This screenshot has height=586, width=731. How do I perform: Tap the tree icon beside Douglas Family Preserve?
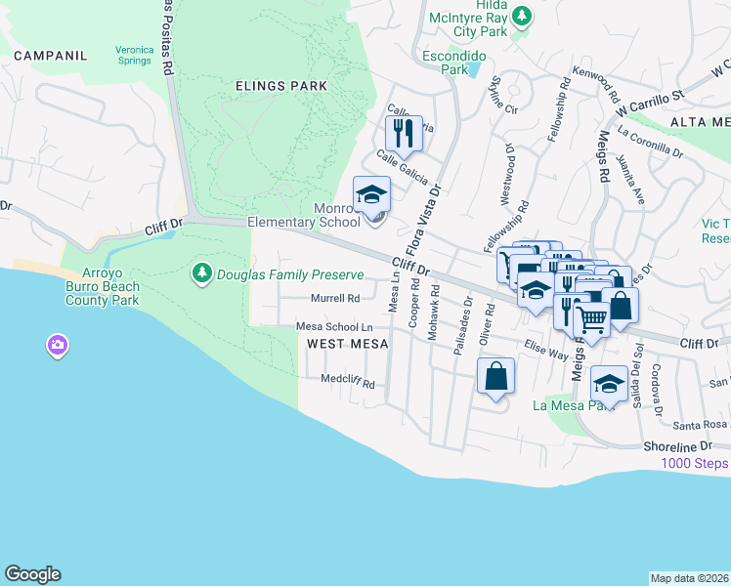tap(202, 273)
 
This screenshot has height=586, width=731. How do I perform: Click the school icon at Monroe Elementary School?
tap(371, 194)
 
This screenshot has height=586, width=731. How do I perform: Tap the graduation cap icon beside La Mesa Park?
tap(608, 384)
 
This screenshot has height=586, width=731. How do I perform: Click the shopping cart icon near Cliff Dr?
tap(590, 316)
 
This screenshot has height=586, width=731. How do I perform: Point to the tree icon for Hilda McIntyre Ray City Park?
tap(522, 16)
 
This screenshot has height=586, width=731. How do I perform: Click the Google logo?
tap(32, 574)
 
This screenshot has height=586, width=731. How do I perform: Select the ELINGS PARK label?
tap(281, 86)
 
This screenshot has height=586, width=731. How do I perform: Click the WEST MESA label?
tap(348, 344)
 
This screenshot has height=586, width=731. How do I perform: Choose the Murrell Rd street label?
tap(335, 298)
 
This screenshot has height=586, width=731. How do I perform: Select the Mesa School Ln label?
tap(334, 326)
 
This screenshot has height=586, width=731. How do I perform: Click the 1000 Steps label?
tap(695, 463)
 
